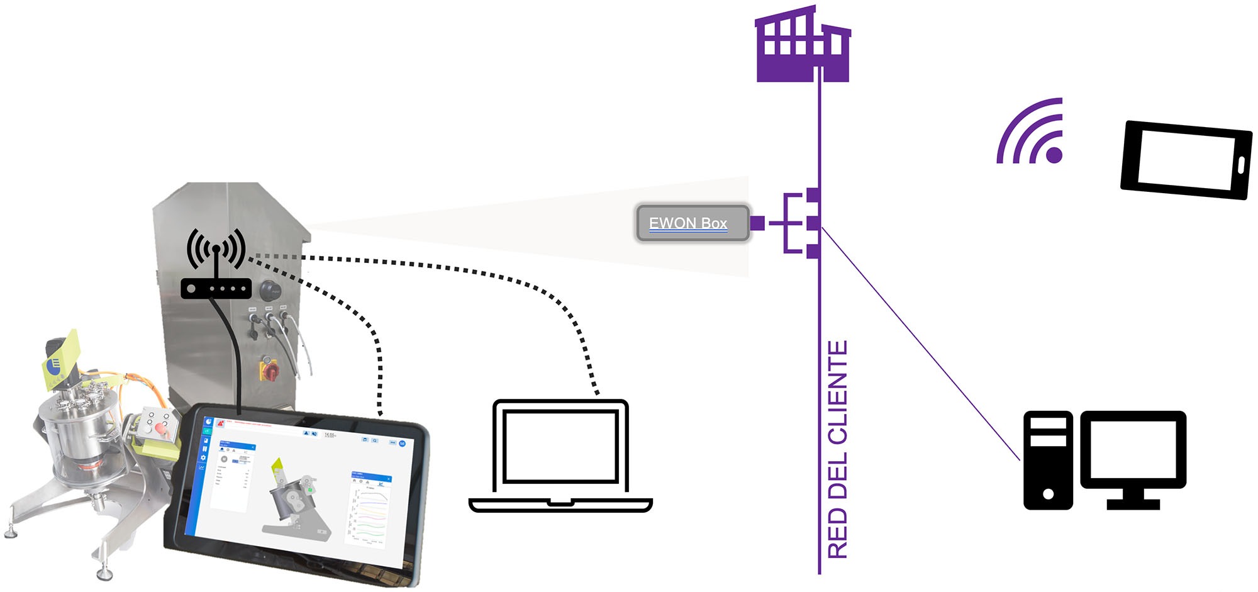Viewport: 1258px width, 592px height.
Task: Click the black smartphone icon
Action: [1186, 160]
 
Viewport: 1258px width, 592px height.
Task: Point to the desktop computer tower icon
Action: [1048, 460]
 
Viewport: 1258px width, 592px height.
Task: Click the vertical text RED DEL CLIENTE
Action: [838, 450]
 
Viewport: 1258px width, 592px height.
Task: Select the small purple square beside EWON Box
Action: [757, 223]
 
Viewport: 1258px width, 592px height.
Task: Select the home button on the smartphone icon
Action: [1240, 165]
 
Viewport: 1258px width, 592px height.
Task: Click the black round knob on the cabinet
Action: [270, 291]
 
